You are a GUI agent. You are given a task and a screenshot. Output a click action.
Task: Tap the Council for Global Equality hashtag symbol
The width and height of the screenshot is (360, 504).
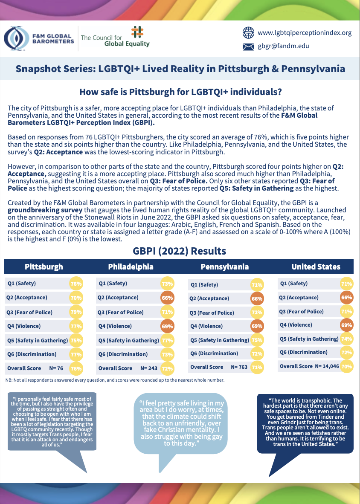click(137, 32)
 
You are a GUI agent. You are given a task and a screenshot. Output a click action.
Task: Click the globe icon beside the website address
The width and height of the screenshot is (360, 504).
click(248, 32)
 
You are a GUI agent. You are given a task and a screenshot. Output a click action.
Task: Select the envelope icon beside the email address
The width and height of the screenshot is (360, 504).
click(248, 46)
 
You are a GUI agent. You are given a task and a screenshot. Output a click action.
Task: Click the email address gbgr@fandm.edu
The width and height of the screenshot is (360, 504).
click(283, 46)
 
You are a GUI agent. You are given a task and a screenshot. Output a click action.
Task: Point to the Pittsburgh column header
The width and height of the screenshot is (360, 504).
click(44, 267)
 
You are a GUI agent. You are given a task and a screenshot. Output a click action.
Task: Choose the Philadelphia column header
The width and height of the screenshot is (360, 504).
click(131, 267)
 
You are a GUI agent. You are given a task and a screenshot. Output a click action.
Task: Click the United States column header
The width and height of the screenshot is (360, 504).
click(316, 267)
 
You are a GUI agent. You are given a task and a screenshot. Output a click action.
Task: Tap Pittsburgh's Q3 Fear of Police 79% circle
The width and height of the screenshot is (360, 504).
click(76, 312)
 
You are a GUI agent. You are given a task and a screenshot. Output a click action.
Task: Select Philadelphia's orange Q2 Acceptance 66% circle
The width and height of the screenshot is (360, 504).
click(167, 298)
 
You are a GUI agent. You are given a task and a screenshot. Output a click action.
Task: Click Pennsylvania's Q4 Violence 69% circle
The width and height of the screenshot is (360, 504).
click(257, 326)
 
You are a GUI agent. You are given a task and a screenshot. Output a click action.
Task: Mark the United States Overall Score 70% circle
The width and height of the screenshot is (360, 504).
click(346, 366)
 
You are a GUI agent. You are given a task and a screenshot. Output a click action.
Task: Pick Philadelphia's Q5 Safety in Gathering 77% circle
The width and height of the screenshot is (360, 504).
click(167, 340)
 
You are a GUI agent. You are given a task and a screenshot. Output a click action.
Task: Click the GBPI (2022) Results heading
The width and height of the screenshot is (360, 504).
click(180, 251)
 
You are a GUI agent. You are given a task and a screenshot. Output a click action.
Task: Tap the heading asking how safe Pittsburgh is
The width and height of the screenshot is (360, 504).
click(180, 92)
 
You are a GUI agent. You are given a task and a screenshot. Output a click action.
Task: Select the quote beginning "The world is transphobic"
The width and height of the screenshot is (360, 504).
click(305, 423)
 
